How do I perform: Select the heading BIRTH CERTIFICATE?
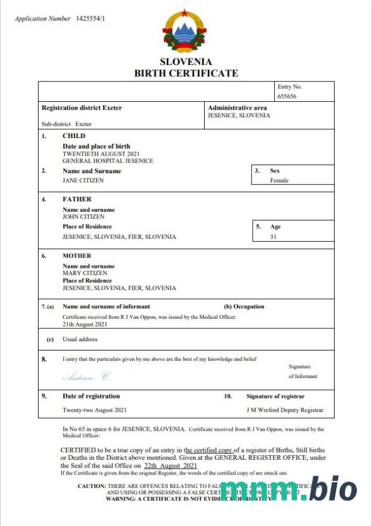[x=186, y=73]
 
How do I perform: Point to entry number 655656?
[x=287, y=96]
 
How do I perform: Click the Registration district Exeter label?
[x=82, y=108]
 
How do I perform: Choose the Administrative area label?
[x=237, y=108]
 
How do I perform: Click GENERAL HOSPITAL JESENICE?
[x=108, y=160]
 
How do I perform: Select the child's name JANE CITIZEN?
[x=83, y=180]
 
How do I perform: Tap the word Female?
[x=279, y=180]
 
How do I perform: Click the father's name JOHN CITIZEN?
[x=84, y=216]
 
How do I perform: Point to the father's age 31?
[x=273, y=237]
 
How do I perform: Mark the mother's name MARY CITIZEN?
[x=85, y=273]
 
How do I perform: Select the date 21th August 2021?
[x=85, y=324]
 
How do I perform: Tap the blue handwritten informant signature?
[x=85, y=376]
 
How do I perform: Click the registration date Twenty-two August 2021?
[x=94, y=410]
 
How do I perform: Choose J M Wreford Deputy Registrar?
[x=285, y=410]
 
